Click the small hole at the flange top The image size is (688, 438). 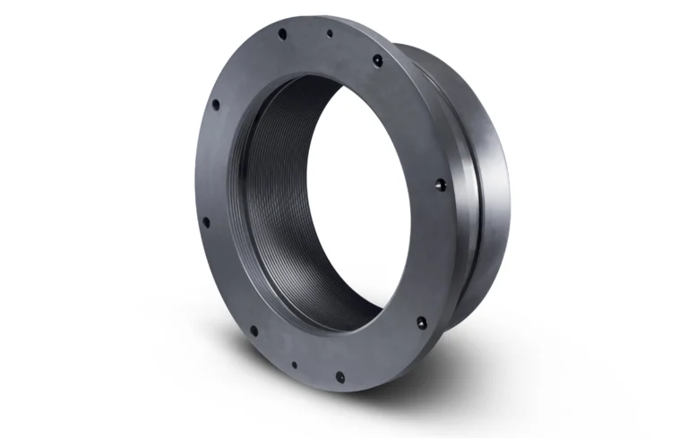pyautogui.click(x=330, y=33)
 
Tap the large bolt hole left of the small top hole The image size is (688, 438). pyautogui.click(x=282, y=34)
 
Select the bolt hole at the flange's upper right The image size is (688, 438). pyautogui.click(x=377, y=61)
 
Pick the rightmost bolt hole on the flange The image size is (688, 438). pyautogui.click(x=439, y=185)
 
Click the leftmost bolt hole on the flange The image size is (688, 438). pyautogui.click(x=205, y=221)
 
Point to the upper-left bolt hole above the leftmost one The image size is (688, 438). pyautogui.click(x=215, y=104)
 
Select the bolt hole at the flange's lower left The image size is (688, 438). pyautogui.click(x=254, y=331)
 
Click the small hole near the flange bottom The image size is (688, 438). pyautogui.click(x=294, y=365)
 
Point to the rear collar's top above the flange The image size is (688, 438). pyautogui.click(x=430, y=49)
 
